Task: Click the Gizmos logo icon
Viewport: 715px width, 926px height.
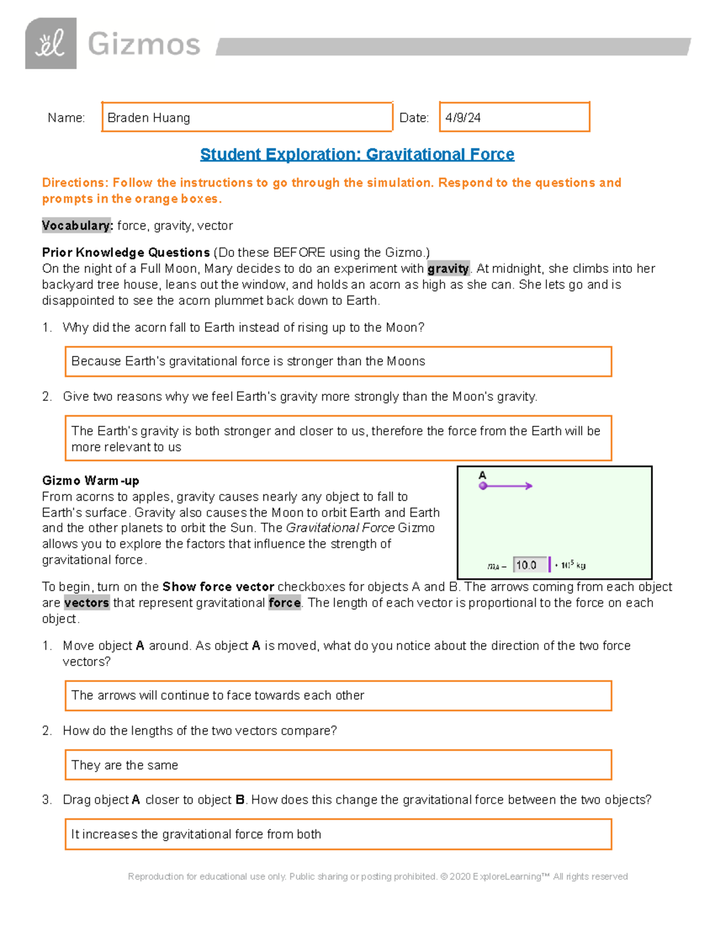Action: tap(51, 44)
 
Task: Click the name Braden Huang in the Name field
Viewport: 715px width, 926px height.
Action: tap(149, 117)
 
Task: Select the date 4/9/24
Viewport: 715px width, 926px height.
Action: tap(463, 117)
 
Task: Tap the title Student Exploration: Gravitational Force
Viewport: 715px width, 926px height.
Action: tap(357, 154)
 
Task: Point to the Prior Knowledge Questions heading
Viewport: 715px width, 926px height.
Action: tap(126, 252)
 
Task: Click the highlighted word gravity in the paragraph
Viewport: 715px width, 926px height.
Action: tap(448, 268)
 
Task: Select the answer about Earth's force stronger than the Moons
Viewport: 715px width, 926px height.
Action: tap(248, 361)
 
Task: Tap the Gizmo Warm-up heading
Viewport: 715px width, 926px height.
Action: tap(91, 481)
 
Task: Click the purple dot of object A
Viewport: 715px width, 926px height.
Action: tap(483, 486)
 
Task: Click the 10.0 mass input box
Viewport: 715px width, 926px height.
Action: tap(530, 565)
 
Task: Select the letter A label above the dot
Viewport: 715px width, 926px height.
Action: tap(483, 475)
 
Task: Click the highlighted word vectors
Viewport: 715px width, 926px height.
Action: tap(87, 603)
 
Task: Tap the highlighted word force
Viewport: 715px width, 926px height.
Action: tap(284, 603)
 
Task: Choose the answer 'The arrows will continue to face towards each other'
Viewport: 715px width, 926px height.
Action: tap(217, 695)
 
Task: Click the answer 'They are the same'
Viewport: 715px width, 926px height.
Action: tap(125, 765)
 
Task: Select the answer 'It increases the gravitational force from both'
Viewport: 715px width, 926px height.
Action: tap(196, 834)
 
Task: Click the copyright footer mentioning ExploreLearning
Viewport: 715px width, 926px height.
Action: tap(378, 877)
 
